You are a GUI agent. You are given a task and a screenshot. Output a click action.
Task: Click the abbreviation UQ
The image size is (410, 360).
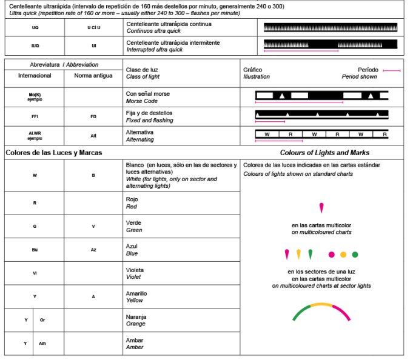[x=34, y=28]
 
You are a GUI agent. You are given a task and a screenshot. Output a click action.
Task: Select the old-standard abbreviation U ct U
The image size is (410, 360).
[x=93, y=28]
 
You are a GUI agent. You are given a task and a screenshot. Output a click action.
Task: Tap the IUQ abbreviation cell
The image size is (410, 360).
[x=34, y=45]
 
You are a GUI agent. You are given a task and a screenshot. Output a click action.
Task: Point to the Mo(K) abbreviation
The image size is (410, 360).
[x=34, y=95]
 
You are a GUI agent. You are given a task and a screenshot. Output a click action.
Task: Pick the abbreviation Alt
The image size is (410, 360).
[x=93, y=135]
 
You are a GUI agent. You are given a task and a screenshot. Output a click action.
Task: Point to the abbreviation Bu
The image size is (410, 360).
[x=34, y=250]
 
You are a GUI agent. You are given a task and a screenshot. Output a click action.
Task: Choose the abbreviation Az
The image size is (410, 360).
[x=93, y=250]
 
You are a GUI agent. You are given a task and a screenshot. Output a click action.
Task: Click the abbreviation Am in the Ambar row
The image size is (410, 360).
[x=42, y=343]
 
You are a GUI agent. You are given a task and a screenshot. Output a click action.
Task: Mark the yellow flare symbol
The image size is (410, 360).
[x=298, y=253]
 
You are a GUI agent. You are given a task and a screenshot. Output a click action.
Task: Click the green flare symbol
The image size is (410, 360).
[x=310, y=253]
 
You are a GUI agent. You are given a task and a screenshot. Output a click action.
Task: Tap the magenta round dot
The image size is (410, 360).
[x=331, y=255]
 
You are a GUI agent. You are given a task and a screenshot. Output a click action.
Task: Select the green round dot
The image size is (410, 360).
[x=355, y=255]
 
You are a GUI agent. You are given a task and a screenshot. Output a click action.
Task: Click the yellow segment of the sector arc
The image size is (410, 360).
[x=321, y=304]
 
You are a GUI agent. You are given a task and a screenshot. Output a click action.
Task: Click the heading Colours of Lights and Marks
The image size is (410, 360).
[x=324, y=153]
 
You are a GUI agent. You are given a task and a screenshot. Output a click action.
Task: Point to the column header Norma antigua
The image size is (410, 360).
[x=93, y=76]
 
